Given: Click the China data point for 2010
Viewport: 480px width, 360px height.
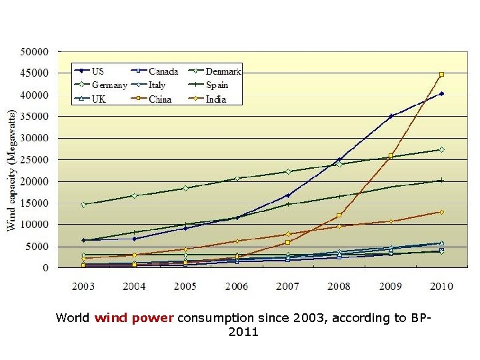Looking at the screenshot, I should pos(441,75).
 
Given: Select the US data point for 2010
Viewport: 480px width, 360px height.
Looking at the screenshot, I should pos(441,94).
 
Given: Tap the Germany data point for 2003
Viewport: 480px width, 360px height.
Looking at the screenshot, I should pos(83,205).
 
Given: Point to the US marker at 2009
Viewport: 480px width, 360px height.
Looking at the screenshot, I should pos(391,116).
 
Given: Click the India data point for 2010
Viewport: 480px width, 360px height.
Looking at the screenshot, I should pos(441,212).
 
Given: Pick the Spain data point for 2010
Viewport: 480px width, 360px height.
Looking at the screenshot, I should pos(441,180).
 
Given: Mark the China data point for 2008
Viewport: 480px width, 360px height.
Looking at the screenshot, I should pos(339,215).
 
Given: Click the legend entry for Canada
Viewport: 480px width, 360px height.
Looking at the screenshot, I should pos(163,71).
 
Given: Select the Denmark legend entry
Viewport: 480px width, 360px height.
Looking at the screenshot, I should pos(223,71).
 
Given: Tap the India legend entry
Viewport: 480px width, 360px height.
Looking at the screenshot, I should pos(215,99).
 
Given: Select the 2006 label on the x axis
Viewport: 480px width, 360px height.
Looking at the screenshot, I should pos(237,287).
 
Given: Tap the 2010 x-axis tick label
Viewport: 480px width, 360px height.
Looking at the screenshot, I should pos(441,287).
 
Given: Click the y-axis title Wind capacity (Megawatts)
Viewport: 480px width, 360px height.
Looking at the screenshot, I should pos(11,170).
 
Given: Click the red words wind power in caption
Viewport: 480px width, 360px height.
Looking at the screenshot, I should pos(134,318).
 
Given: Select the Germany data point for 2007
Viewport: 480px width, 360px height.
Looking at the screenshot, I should pos(288,171).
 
